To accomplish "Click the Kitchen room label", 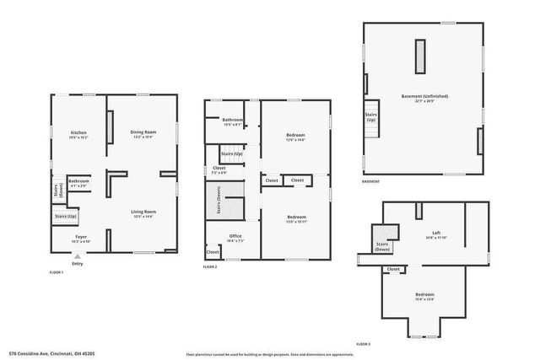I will [79, 132].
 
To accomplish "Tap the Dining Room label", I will [143, 132].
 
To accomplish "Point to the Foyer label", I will [82, 237].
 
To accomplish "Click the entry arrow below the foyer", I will [78, 256].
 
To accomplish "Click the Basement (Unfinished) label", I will [424, 96].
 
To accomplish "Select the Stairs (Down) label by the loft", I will [382, 247].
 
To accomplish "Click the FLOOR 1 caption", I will [58, 272].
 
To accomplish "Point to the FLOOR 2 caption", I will [210, 266].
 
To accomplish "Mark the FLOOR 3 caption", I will [363, 344].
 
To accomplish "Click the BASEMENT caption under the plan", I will [370, 181].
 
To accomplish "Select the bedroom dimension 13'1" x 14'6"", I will [295, 140].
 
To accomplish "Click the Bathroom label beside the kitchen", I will [79, 180].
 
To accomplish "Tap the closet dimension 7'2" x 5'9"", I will [219, 171].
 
